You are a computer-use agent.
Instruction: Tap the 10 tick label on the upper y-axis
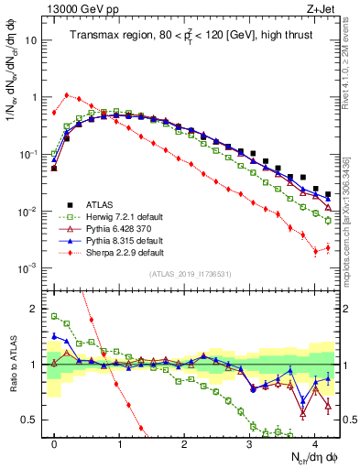31,41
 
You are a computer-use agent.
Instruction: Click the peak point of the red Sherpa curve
67,94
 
